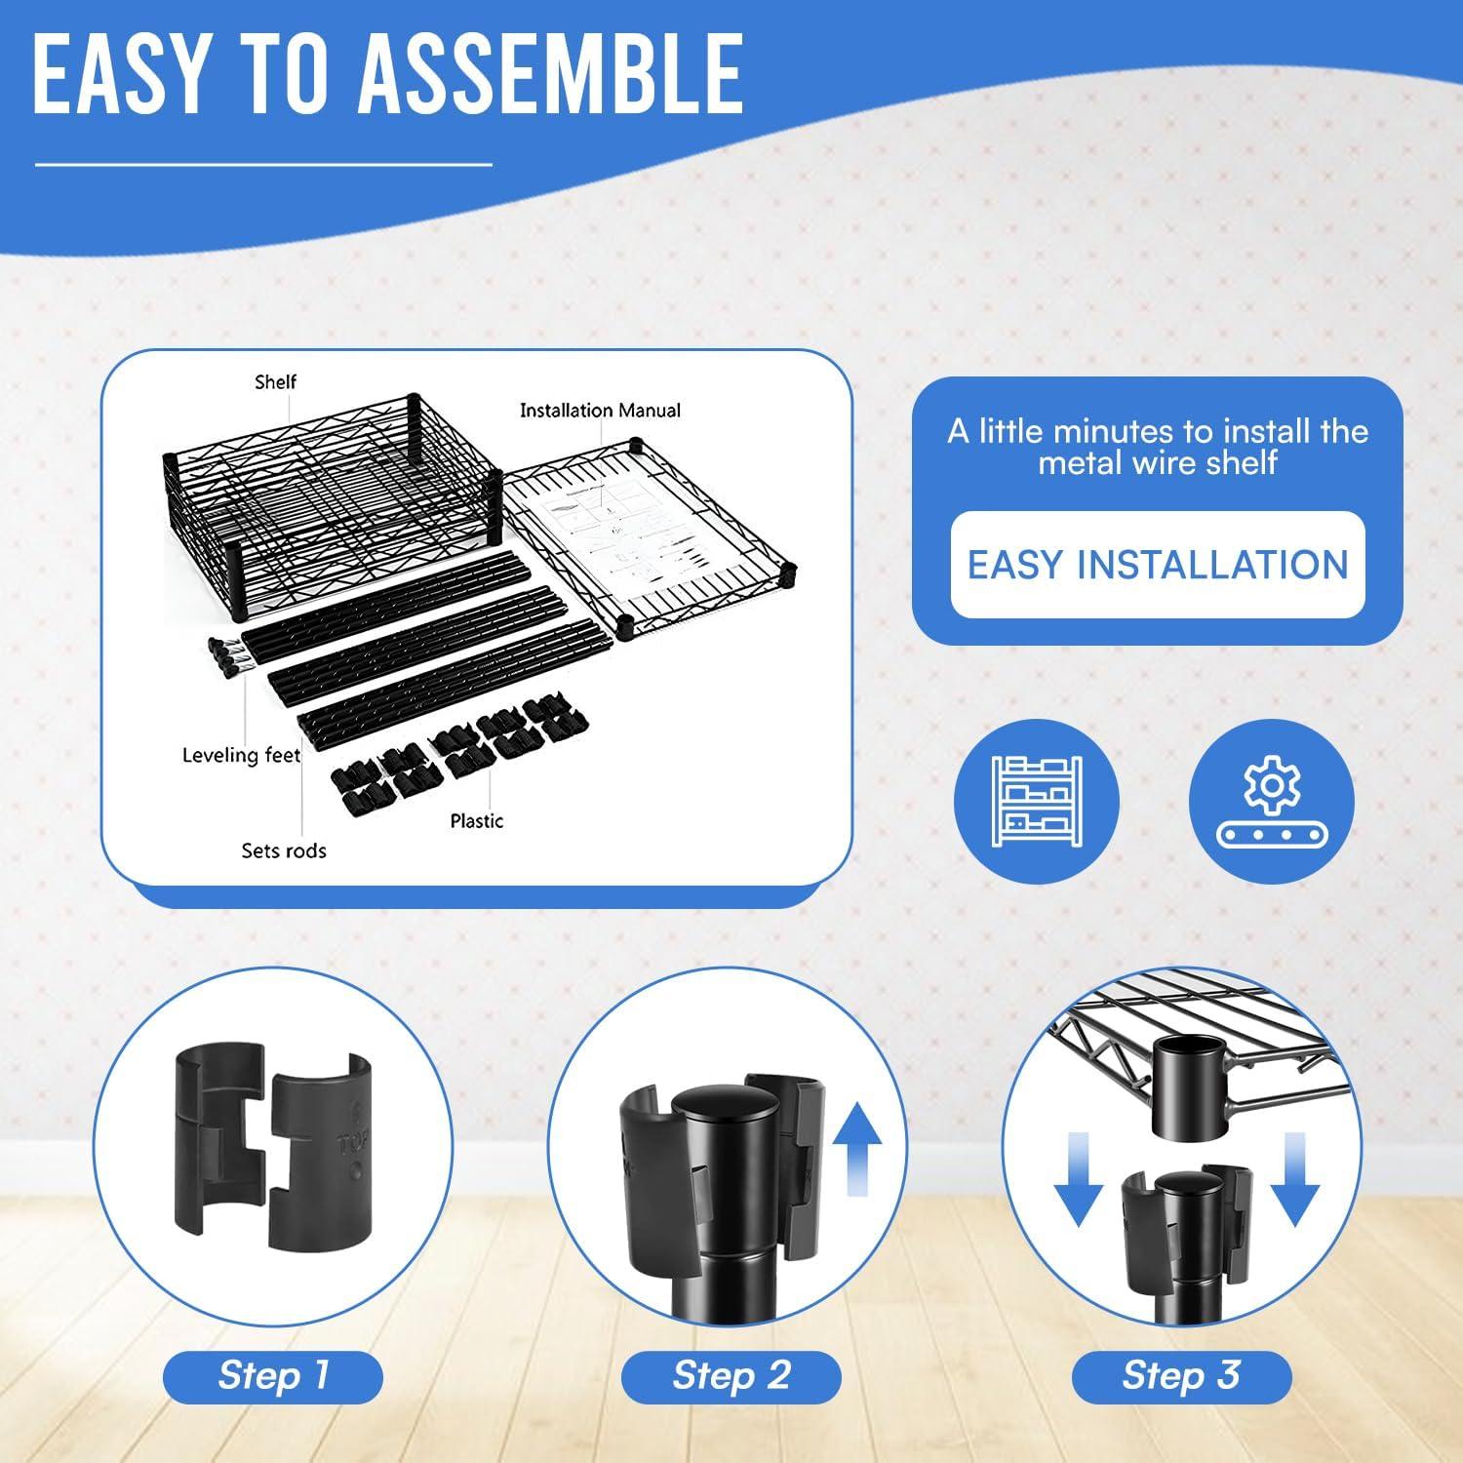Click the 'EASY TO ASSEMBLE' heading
tap(388, 75)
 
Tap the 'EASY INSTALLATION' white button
tap(1158, 565)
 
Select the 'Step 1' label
tap(273, 1375)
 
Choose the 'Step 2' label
tap(731, 1375)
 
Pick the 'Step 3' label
tap(1181, 1375)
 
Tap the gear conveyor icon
tap(1272, 802)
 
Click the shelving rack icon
tap(1036, 802)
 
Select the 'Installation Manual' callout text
tap(600, 411)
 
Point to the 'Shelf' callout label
tap(275, 381)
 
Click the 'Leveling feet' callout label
tap(241, 755)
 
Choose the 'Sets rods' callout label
tap(284, 850)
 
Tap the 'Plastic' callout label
tap(477, 821)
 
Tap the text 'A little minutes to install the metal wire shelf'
tap(1158, 446)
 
